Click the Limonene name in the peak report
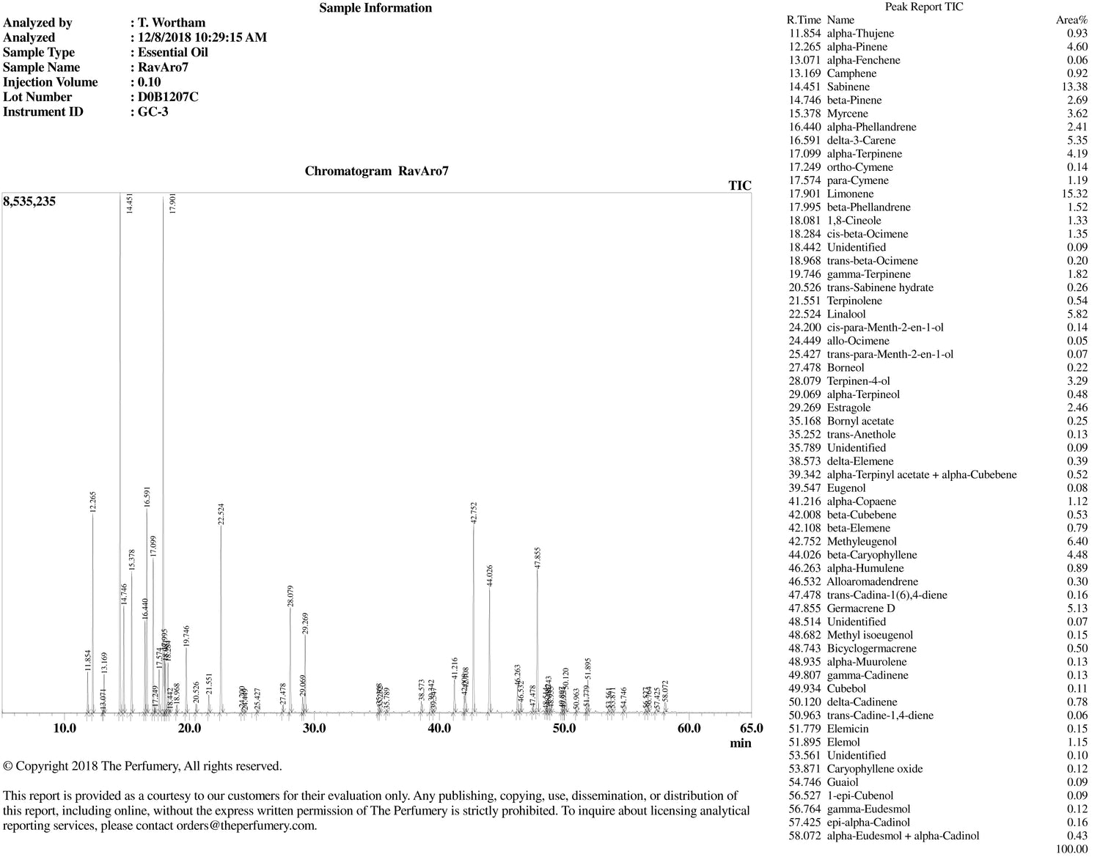point(850,194)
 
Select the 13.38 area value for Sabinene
point(1072,87)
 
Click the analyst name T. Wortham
point(172,23)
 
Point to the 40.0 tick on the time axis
point(439,728)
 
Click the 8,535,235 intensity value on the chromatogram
point(29,201)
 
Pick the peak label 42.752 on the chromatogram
point(474,512)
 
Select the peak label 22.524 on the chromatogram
point(221,513)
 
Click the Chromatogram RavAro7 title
point(376,172)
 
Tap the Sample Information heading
point(375,8)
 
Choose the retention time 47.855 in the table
point(805,608)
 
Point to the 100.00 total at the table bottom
point(1071,849)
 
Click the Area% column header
point(1071,20)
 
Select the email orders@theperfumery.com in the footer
point(246,825)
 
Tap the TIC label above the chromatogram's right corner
point(740,185)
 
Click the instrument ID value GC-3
point(153,111)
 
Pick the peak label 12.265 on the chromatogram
point(92,502)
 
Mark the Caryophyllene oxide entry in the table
point(874,768)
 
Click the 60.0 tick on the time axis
point(689,728)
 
